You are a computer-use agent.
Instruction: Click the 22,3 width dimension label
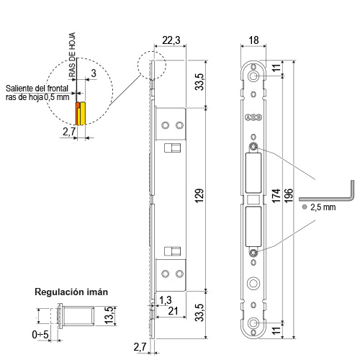[x=171, y=40]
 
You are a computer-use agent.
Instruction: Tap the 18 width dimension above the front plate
[x=253, y=40]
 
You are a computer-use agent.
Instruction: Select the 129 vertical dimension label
[x=199, y=196]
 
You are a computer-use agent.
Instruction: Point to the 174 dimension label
[x=276, y=196]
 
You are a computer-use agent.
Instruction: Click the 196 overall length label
[x=289, y=196]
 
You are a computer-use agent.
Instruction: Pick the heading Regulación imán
[x=71, y=292]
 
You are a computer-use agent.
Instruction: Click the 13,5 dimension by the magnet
[x=109, y=315]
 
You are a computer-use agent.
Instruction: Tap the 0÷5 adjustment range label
[x=40, y=334]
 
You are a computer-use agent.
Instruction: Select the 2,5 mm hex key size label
[x=323, y=207]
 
